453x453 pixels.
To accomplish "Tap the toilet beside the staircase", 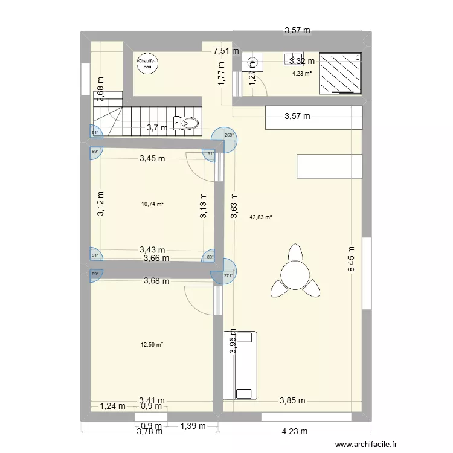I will coord(186,123).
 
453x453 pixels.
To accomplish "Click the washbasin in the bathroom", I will coord(252,62).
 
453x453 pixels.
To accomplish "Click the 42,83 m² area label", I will coord(261,217).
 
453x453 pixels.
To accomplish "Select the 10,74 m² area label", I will coord(152,204).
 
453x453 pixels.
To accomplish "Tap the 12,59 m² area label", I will coord(152,345).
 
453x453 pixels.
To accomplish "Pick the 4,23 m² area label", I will coord(301,74).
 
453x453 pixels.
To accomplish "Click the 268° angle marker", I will coord(228,135).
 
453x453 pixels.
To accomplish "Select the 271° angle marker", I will coord(228,275).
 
